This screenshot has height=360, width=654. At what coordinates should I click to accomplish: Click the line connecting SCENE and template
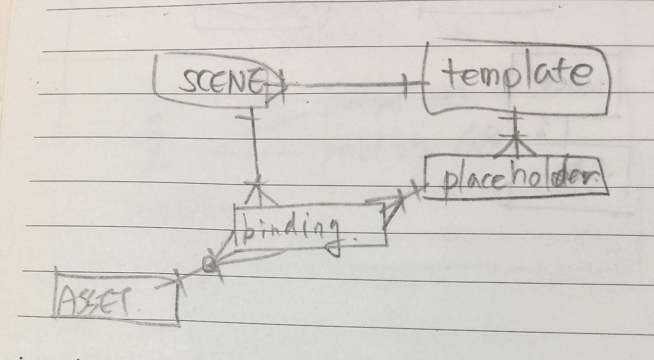click(347, 85)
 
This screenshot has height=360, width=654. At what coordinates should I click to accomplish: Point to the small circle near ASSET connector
click(208, 264)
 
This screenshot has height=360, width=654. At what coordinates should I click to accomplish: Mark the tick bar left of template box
click(406, 85)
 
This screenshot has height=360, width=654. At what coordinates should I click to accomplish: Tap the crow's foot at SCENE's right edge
click(276, 87)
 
